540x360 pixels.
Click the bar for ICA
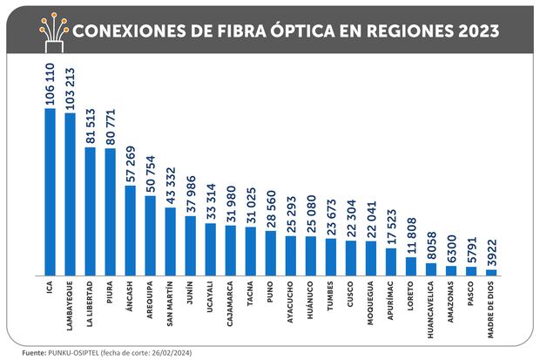coord(50,192)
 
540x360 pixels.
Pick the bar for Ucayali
coord(211,249)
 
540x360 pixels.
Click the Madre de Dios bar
coord(491,272)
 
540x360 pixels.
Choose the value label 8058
coord(431,245)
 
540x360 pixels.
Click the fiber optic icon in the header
coord(53,30)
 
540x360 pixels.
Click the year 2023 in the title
coord(474,31)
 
